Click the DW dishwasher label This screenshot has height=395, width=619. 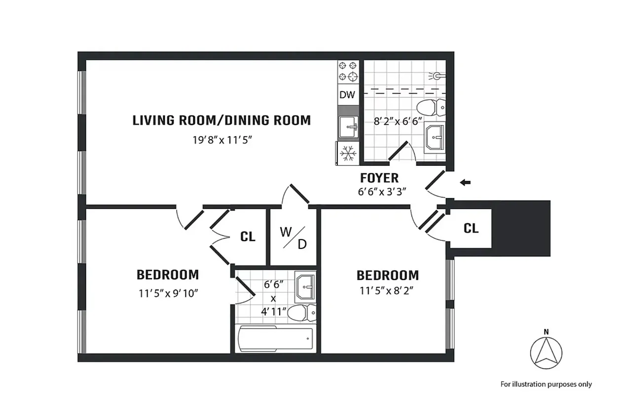point(347,95)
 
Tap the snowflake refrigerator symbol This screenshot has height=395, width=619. point(349,153)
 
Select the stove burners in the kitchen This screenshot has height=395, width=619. point(348,71)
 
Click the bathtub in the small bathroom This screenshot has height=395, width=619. point(275,339)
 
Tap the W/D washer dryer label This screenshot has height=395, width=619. point(293,237)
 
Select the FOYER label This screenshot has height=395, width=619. point(379,178)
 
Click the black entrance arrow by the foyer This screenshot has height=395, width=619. point(465,183)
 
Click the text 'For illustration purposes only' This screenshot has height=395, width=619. point(546,384)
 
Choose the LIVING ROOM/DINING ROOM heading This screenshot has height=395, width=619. point(221,120)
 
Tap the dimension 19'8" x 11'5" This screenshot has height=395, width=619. point(222,140)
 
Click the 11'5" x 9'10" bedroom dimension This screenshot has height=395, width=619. point(168,293)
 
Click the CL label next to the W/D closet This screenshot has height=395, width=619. point(248,237)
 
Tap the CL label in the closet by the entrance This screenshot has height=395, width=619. point(471,229)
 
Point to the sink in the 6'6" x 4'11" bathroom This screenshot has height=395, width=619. point(305,286)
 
